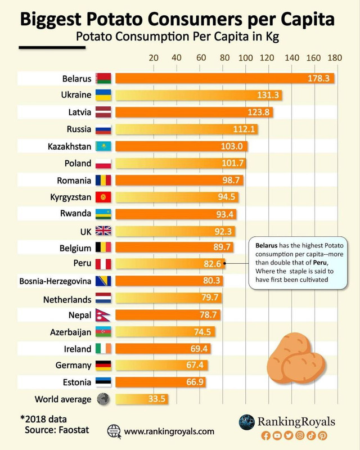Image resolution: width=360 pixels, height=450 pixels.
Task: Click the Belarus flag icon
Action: click(x=104, y=78)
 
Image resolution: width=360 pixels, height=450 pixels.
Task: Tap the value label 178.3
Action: click(x=318, y=78)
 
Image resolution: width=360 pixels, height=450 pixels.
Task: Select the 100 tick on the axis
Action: click(x=246, y=57)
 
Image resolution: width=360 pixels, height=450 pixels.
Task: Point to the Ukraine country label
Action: click(x=76, y=95)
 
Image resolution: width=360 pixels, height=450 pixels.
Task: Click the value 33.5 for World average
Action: click(x=154, y=399)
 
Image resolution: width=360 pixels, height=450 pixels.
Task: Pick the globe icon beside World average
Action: click(x=104, y=399)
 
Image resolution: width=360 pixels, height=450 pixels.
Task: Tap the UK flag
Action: click(x=104, y=231)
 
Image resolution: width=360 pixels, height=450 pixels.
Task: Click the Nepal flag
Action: click(x=104, y=315)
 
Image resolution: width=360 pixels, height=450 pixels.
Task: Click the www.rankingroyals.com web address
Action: click(x=169, y=431)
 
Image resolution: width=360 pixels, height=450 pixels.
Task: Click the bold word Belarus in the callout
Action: click(x=267, y=246)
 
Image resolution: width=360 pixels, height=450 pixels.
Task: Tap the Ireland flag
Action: click(x=104, y=349)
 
